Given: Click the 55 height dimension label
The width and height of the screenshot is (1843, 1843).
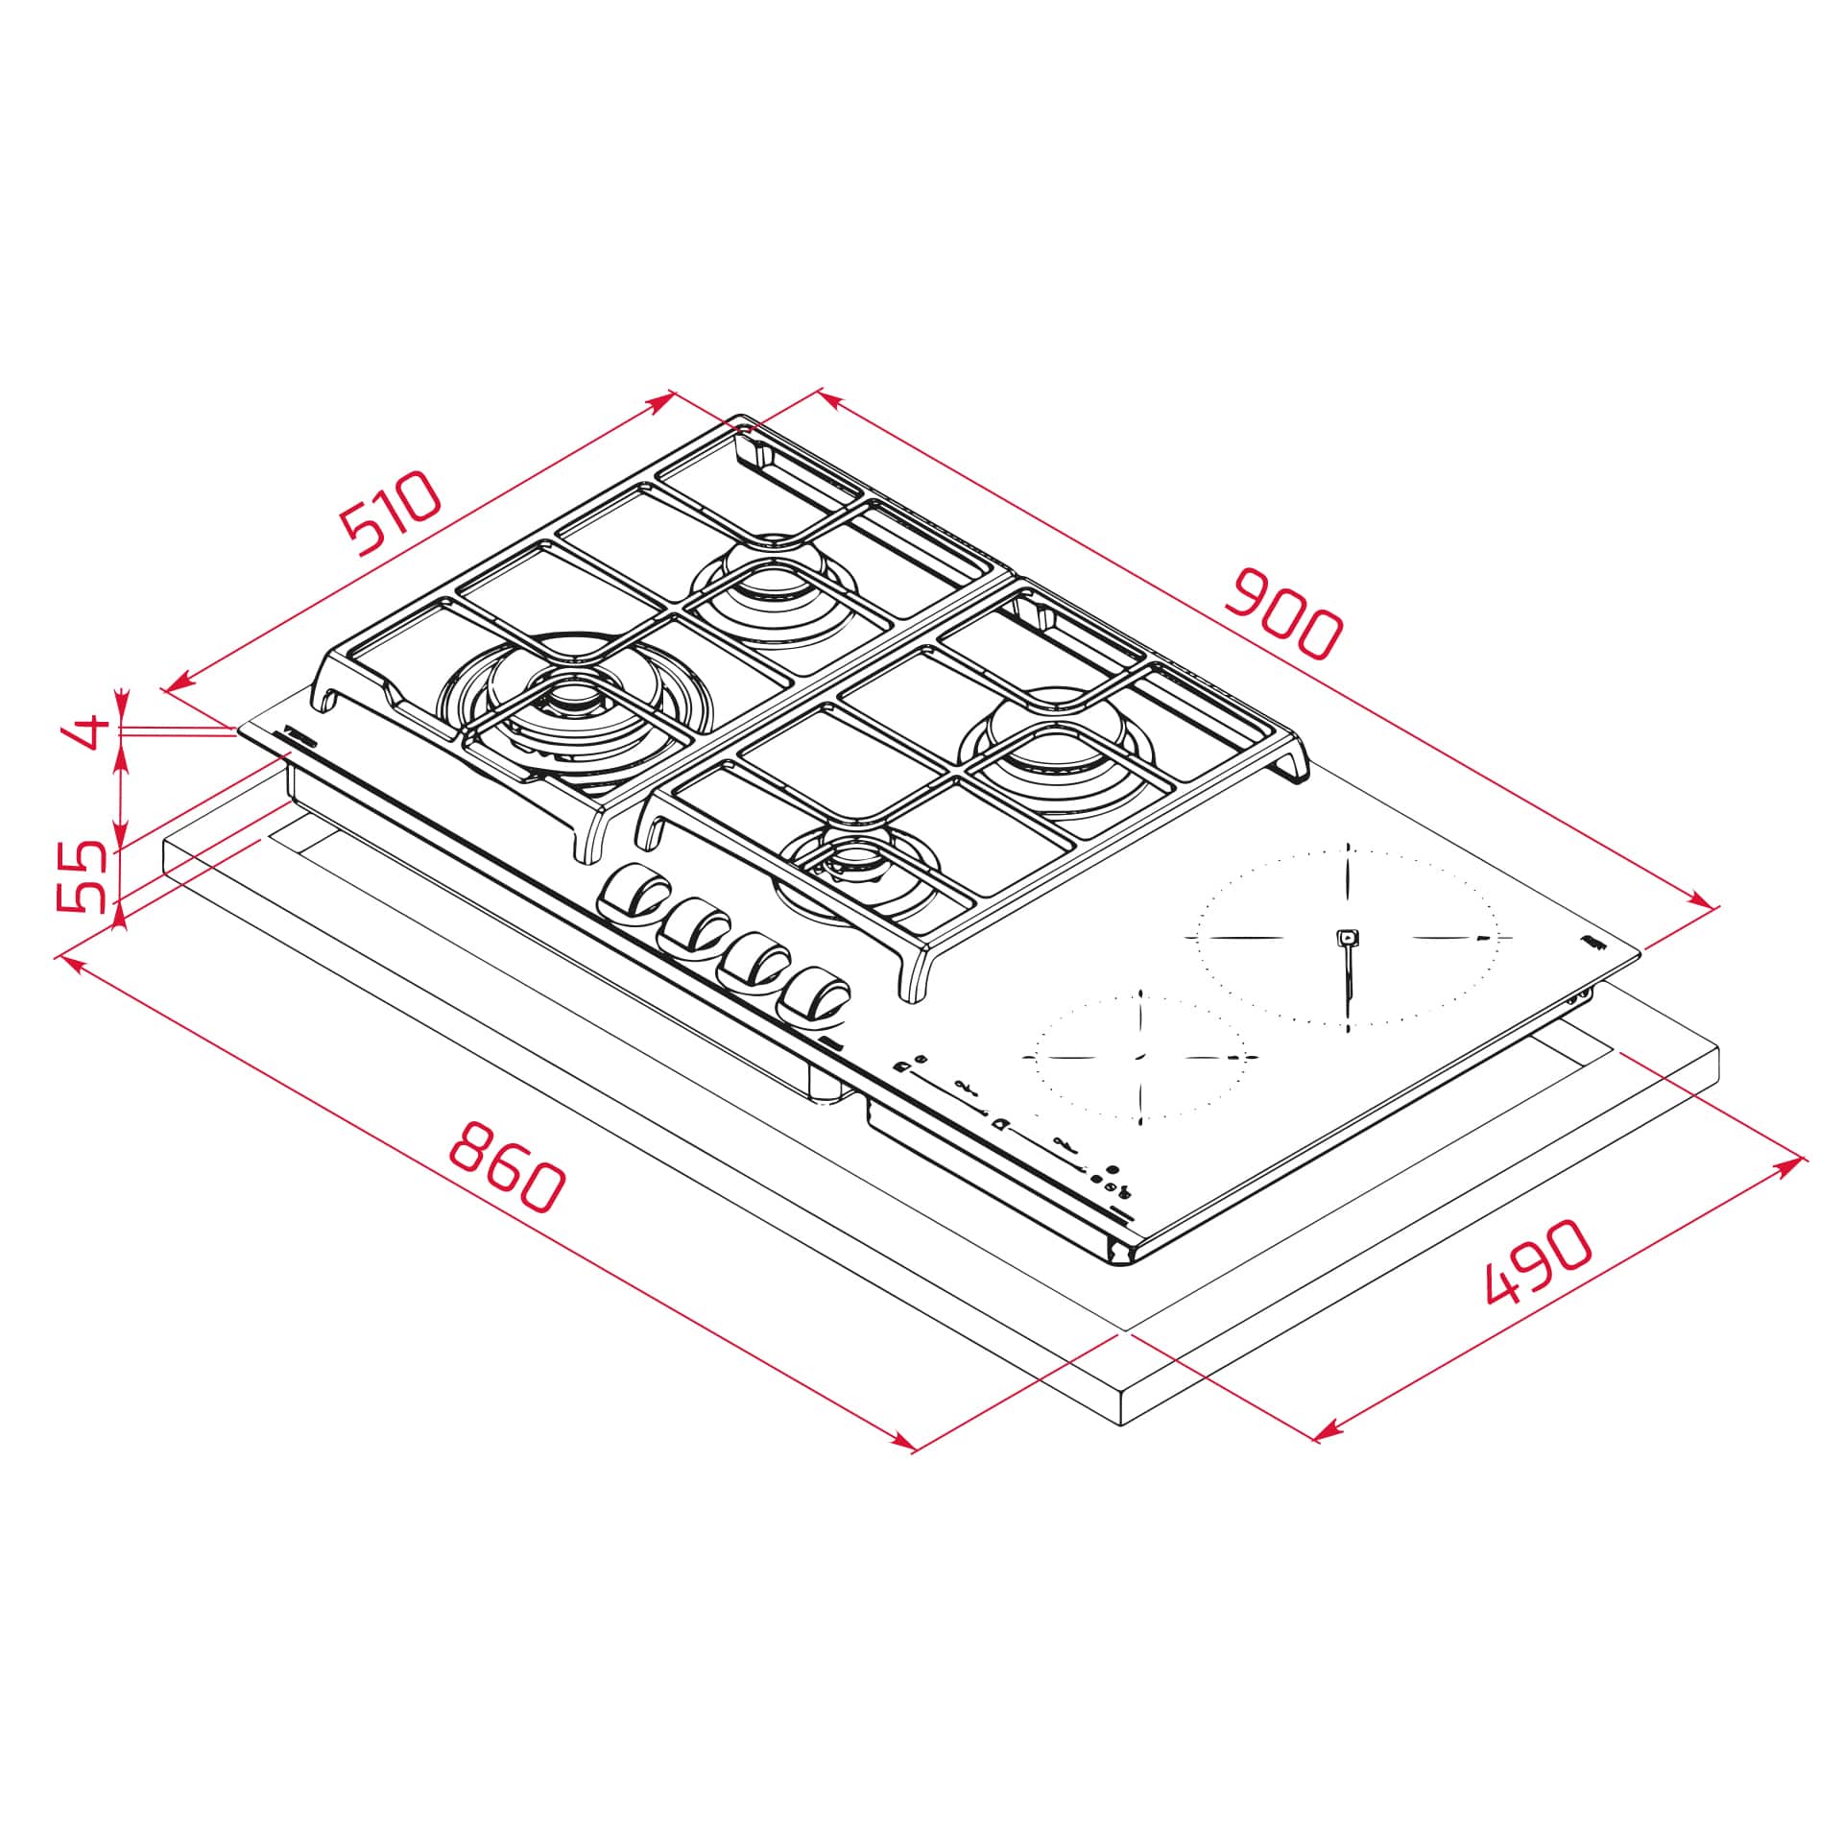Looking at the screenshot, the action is click(x=81, y=875).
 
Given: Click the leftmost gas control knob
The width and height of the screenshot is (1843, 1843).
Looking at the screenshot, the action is click(x=632, y=893).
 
